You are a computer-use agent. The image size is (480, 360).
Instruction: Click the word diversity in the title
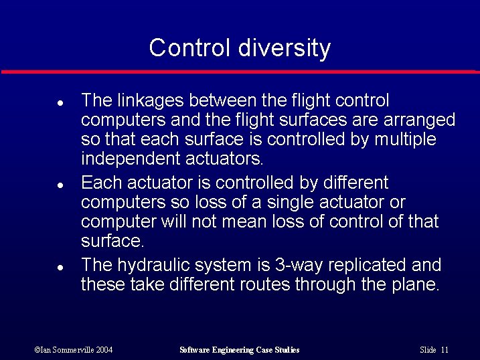click(x=289, y=48)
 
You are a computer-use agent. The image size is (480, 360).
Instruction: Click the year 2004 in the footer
click(x=103, y=350)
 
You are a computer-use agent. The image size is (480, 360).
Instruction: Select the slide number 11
click(x=445, y=350)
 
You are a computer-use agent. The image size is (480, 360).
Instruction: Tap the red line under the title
click(x=240, y=71)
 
